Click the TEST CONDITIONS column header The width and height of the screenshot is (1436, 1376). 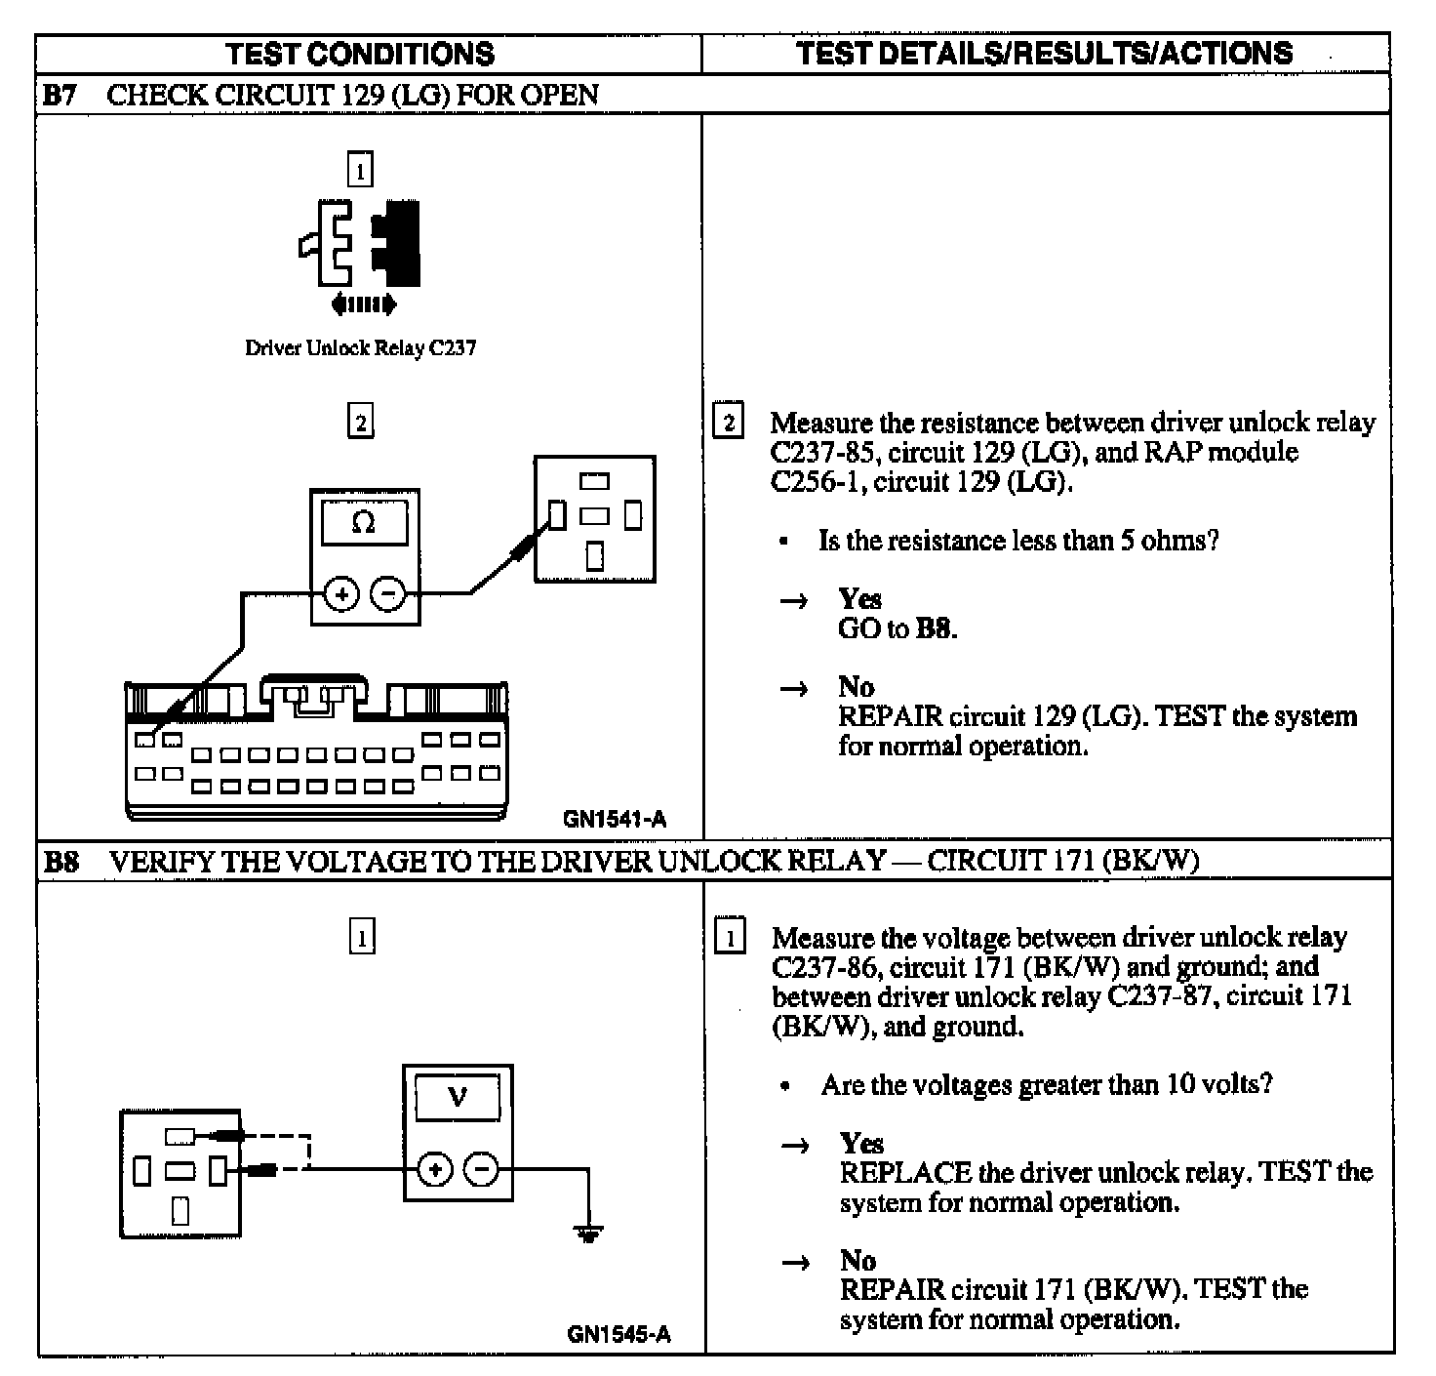click(360, 54)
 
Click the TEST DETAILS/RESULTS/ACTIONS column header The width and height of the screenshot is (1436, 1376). click(1044, 53)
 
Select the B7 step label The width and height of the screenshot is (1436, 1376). click(60, 96)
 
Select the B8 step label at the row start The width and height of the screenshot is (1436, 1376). click(61, 862)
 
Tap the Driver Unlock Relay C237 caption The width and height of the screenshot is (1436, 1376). click(360, 347)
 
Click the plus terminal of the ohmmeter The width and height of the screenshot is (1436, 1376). click(341, 593)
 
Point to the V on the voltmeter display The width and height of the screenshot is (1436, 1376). click(458, 1098)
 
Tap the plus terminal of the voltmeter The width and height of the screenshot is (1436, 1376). click(435, 1169)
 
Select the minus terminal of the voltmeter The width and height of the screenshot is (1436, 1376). click(480, 1169)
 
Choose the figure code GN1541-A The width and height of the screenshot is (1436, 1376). click(615, 820)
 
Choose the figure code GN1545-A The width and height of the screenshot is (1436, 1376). click(618, 1334)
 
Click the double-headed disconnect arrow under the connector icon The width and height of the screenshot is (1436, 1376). click(363, 305)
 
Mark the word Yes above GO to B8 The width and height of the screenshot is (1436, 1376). click(859, 598)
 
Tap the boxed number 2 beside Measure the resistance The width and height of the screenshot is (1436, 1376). click(728, 423)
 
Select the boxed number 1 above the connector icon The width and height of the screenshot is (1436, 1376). click(360, 171)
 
